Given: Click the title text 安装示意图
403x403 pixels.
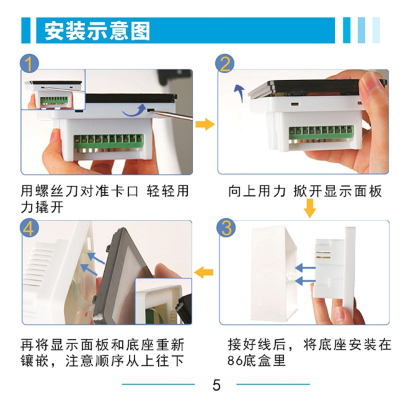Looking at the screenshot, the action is (x=97, y=31).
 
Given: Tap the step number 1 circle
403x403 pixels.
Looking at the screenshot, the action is (x=30, y=63).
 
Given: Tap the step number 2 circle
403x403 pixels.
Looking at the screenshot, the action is (x=225, y=64).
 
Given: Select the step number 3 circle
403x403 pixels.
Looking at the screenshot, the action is (x=226, y=228).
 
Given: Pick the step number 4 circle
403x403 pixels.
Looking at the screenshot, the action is (x=29, y=228).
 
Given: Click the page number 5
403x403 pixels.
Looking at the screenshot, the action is (x=216, y=385).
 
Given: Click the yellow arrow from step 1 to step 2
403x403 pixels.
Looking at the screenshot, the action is (x=205, y=124).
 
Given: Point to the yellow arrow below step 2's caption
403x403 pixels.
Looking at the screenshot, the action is (x=310, y=208).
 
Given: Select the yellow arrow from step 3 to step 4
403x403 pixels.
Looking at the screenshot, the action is (x=203, y=272).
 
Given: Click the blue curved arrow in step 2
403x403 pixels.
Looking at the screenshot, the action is (x=240, y=93).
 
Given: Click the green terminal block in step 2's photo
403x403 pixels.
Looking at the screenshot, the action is (x=321, y=133).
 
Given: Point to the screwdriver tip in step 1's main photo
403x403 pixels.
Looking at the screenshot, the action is (x=149, y=110).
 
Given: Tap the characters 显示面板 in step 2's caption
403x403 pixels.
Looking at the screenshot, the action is (x=353, y=191).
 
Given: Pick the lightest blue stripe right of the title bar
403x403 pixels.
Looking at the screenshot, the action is (x=376, y=30).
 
